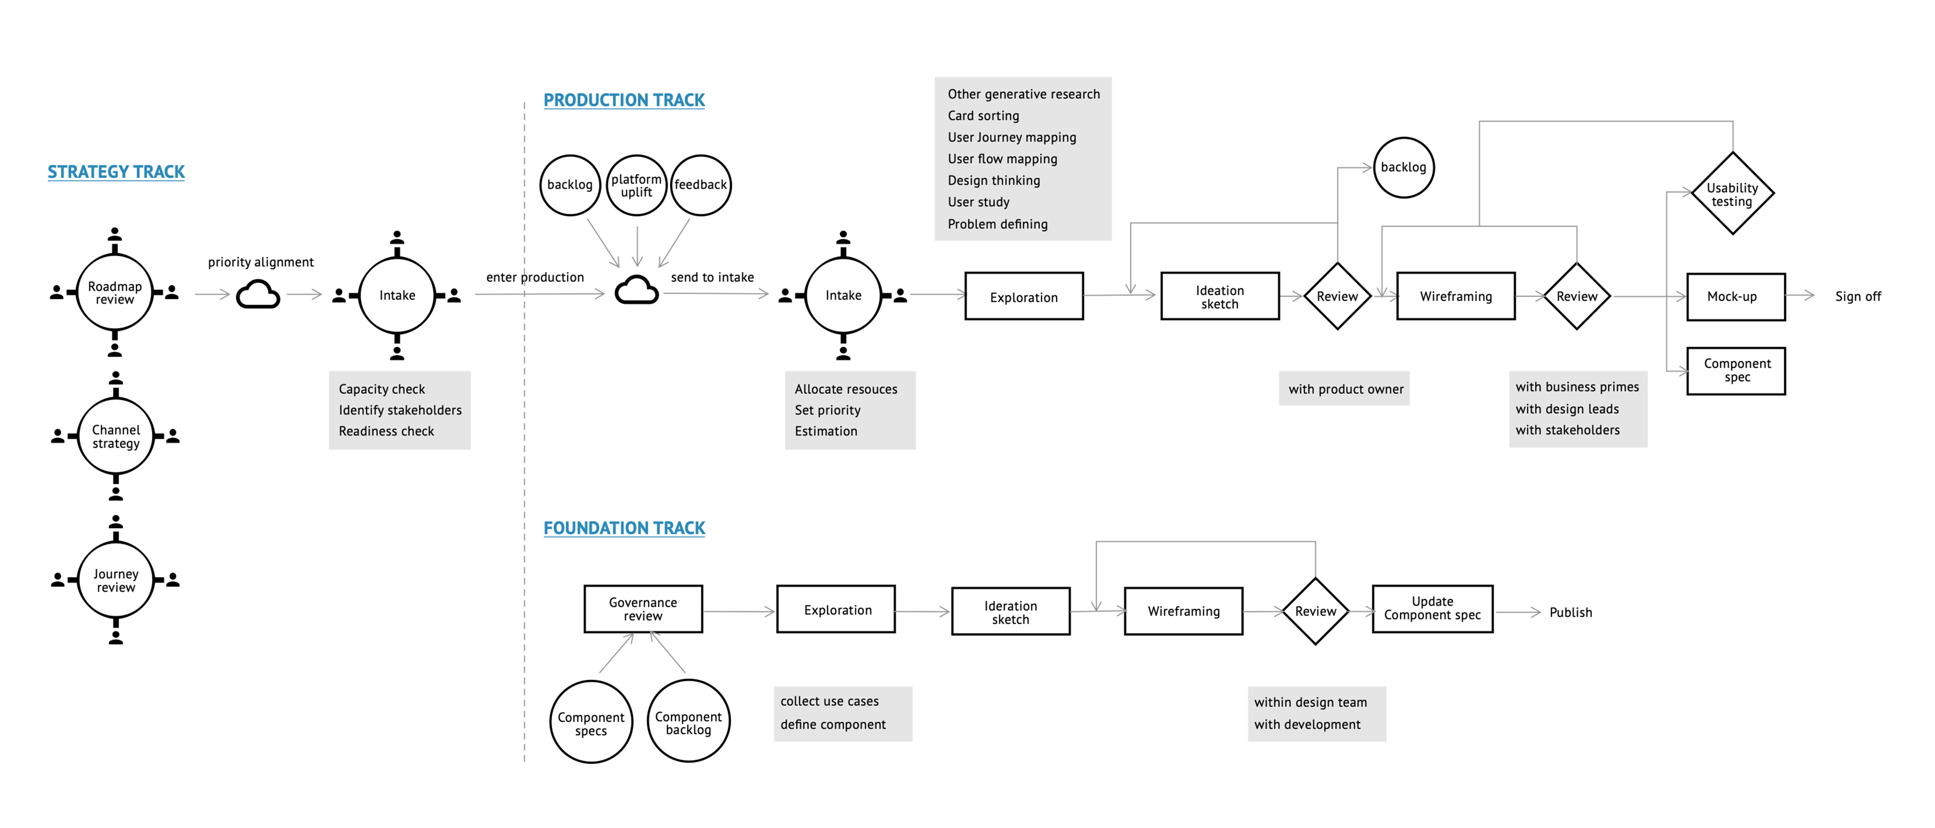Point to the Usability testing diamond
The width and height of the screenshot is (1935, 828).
coord(1732,194)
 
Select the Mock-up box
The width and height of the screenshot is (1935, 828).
coord(1735,297)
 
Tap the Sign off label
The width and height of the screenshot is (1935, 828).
coord(1858,297)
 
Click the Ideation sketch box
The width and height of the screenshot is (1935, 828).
coord(1219,297)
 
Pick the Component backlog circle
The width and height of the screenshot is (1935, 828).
coord(688,722)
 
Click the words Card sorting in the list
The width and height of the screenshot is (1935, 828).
coord(983,116)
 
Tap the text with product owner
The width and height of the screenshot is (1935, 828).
coord(1345,389)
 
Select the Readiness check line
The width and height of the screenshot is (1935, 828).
coord(386,431)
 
